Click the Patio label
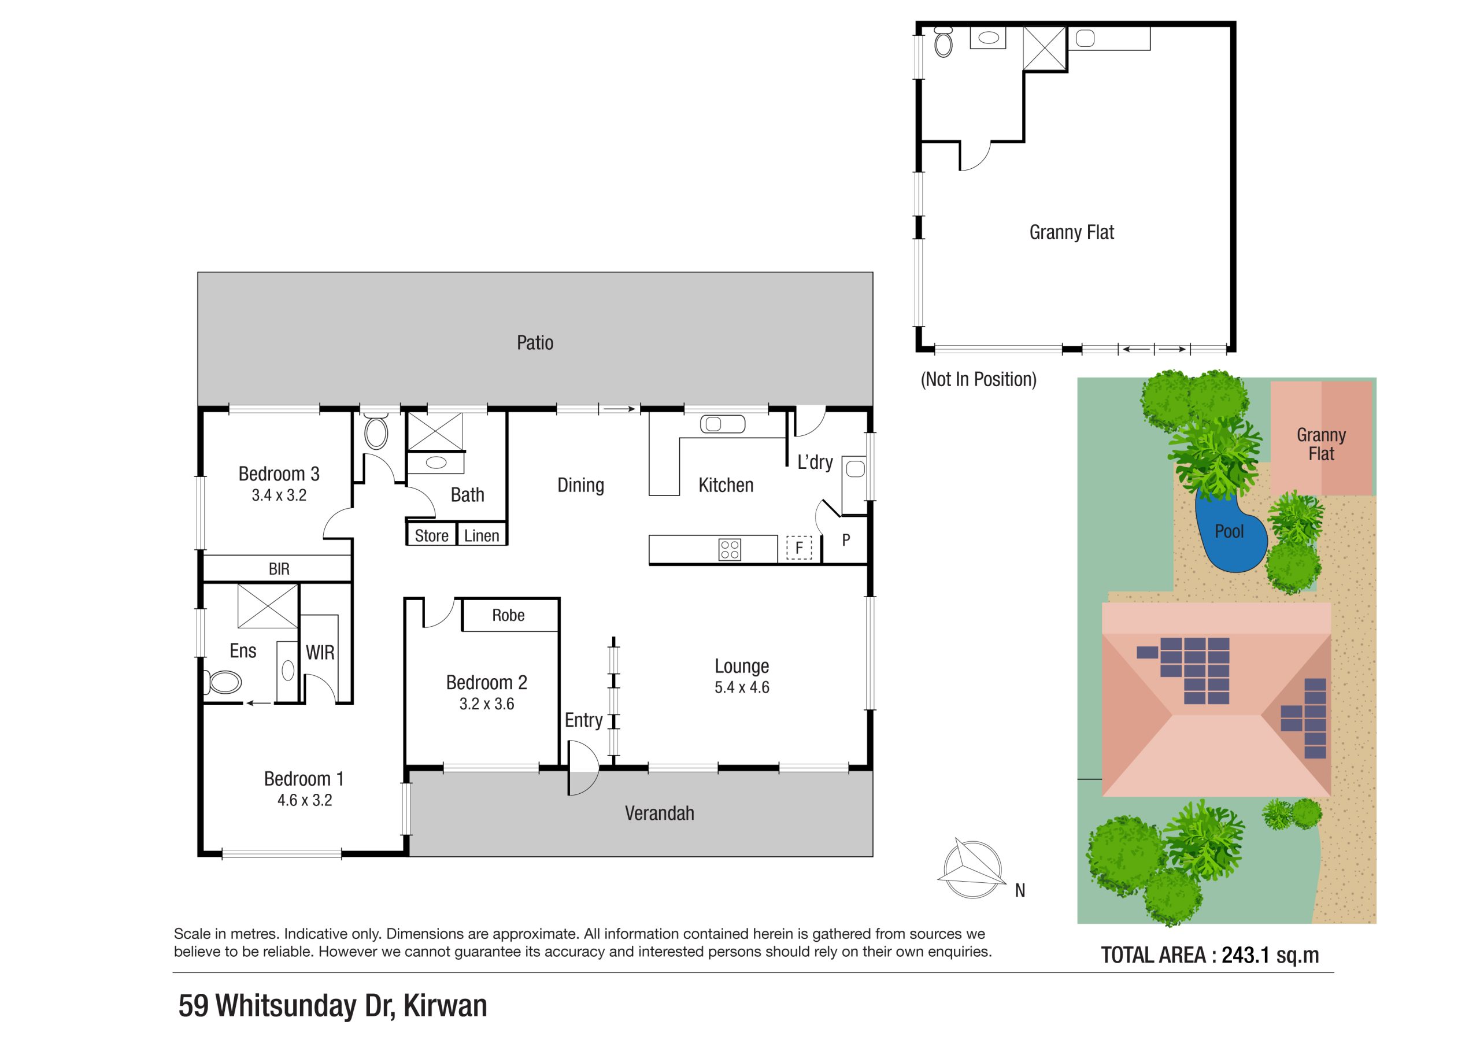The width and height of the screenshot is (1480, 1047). tap(534, 343)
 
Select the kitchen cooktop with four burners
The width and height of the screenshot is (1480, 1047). tap(730, 549)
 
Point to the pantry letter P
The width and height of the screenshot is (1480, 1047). tap(846, 540)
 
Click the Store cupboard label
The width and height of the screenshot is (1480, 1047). tap(431, 536)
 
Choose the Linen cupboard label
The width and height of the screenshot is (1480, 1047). tap(482, 536)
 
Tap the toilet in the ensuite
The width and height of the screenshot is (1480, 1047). tap(223, 682)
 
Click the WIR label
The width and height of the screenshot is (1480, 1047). tap(320, 653)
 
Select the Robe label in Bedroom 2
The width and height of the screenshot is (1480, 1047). tap(508, 616)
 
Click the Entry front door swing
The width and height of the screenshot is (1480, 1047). tap(583, 767)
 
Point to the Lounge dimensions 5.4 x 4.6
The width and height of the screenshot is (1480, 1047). tap(741, 688)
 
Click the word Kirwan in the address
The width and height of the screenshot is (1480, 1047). tap(445, 1006)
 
